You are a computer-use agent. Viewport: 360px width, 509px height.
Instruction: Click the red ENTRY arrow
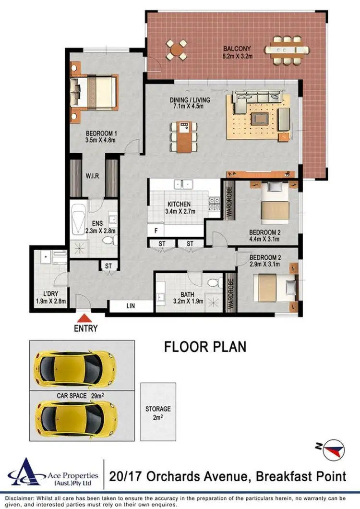(x=84, y=318)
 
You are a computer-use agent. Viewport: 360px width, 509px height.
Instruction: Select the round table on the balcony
(x=177, y=49)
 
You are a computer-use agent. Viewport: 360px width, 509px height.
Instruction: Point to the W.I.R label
(x=92, y=176)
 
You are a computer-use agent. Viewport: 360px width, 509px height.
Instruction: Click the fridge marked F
(x=156, y=230)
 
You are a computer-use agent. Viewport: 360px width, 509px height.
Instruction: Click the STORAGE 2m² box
(x=158, y=412)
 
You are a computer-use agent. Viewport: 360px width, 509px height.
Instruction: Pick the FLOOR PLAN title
(x=205, y=347)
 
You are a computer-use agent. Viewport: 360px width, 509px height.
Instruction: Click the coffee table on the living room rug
(x=260, y=117)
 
